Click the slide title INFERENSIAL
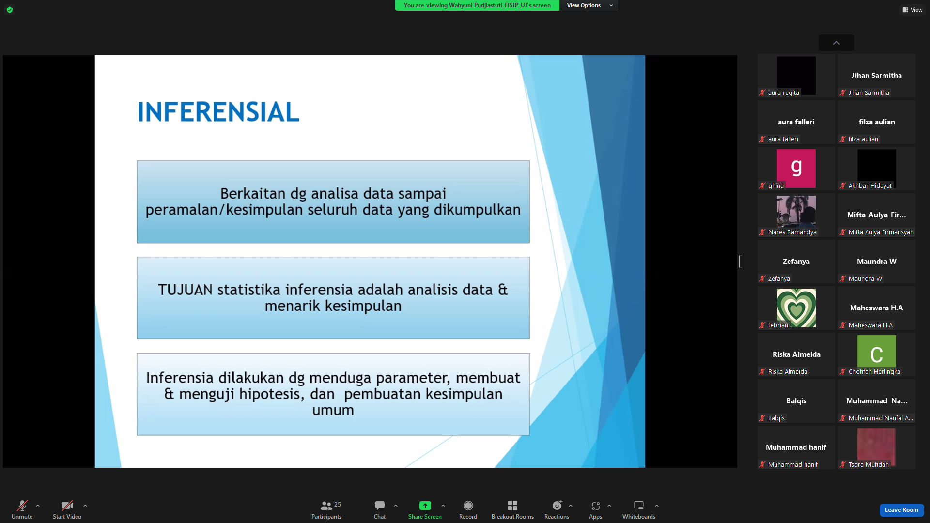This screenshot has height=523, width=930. tap(218, 112)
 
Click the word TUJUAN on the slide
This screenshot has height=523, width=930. tap(185, 290)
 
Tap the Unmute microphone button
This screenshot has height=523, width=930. tap(22, 506)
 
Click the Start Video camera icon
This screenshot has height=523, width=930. tap(67, 506)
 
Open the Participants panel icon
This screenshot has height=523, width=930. tap(326, 506)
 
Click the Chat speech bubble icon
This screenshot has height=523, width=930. tap(380, 506)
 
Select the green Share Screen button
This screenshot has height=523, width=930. tap(425, 506)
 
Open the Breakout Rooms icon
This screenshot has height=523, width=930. tap(512, 506)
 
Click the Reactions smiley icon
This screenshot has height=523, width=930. tap(557, 506)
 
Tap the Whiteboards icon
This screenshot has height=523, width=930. tap(639, 506)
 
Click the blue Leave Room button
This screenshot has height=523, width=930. tap(901, 510)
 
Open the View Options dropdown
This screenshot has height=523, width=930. tap(589, 5)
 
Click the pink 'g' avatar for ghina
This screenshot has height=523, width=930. tap(796, 168)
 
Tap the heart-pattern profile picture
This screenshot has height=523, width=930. tap(796, 308)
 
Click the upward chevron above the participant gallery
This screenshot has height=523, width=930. tap(837, 43)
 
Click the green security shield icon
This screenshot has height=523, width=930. tap(10, 10)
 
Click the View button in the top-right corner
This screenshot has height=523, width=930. tap(913, 10)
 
